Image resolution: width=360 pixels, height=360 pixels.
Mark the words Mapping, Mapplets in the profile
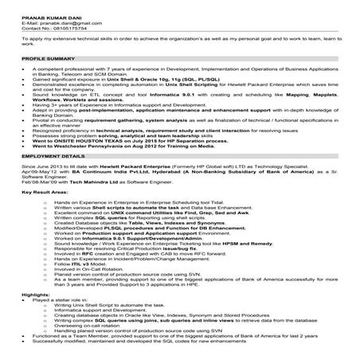(295, 93)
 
